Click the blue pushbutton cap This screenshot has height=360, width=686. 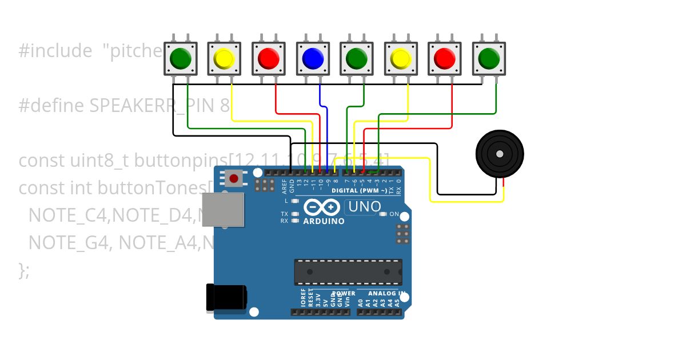pos(312,58)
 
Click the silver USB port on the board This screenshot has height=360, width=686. pos(224,208)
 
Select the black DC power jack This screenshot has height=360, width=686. pos(226,298)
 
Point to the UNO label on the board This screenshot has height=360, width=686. pos(364,207)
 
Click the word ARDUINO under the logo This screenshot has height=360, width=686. pos(324,221)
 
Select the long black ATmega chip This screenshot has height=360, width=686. pos(348,271)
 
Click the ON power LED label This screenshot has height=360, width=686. pos(394,214)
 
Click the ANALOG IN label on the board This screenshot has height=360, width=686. pos(387,293)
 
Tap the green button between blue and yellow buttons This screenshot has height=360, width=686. pos(356,58)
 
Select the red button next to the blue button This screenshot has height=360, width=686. pos(268,58)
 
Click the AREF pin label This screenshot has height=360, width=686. pos(284,184)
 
